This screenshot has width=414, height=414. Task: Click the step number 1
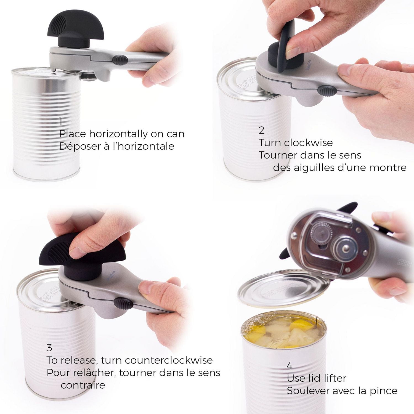point(61,121)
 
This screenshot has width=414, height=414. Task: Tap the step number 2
point(261,130)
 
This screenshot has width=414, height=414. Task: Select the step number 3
point(49,347)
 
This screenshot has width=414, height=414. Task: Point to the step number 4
point(290,366)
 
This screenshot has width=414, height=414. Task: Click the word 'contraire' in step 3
point(83,385)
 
